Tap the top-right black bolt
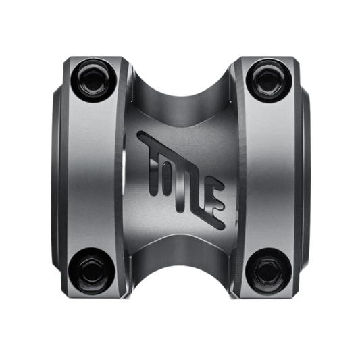(x=269, y=81)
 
